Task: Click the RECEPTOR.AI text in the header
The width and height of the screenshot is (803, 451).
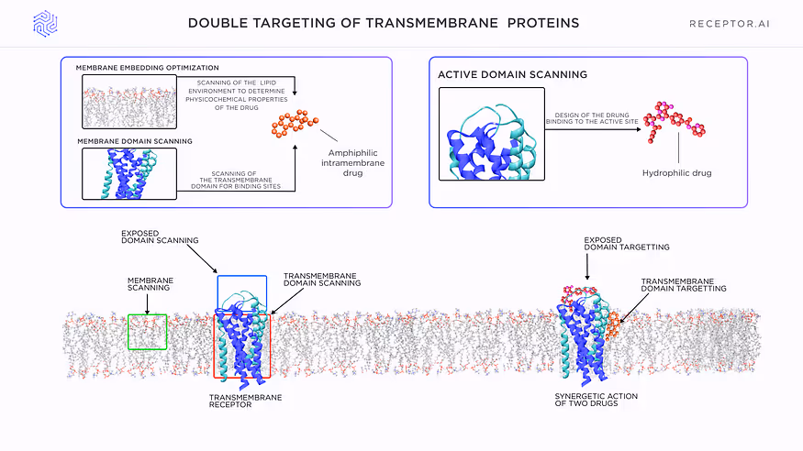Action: tap(729, 24)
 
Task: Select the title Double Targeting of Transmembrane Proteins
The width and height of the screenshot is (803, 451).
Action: tap(384, 23)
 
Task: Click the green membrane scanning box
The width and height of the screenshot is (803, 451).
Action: tap(148, 332)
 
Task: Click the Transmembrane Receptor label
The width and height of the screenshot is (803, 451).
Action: tap(245, 401)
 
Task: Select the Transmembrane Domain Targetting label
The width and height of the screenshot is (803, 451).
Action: tap(684, 284)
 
